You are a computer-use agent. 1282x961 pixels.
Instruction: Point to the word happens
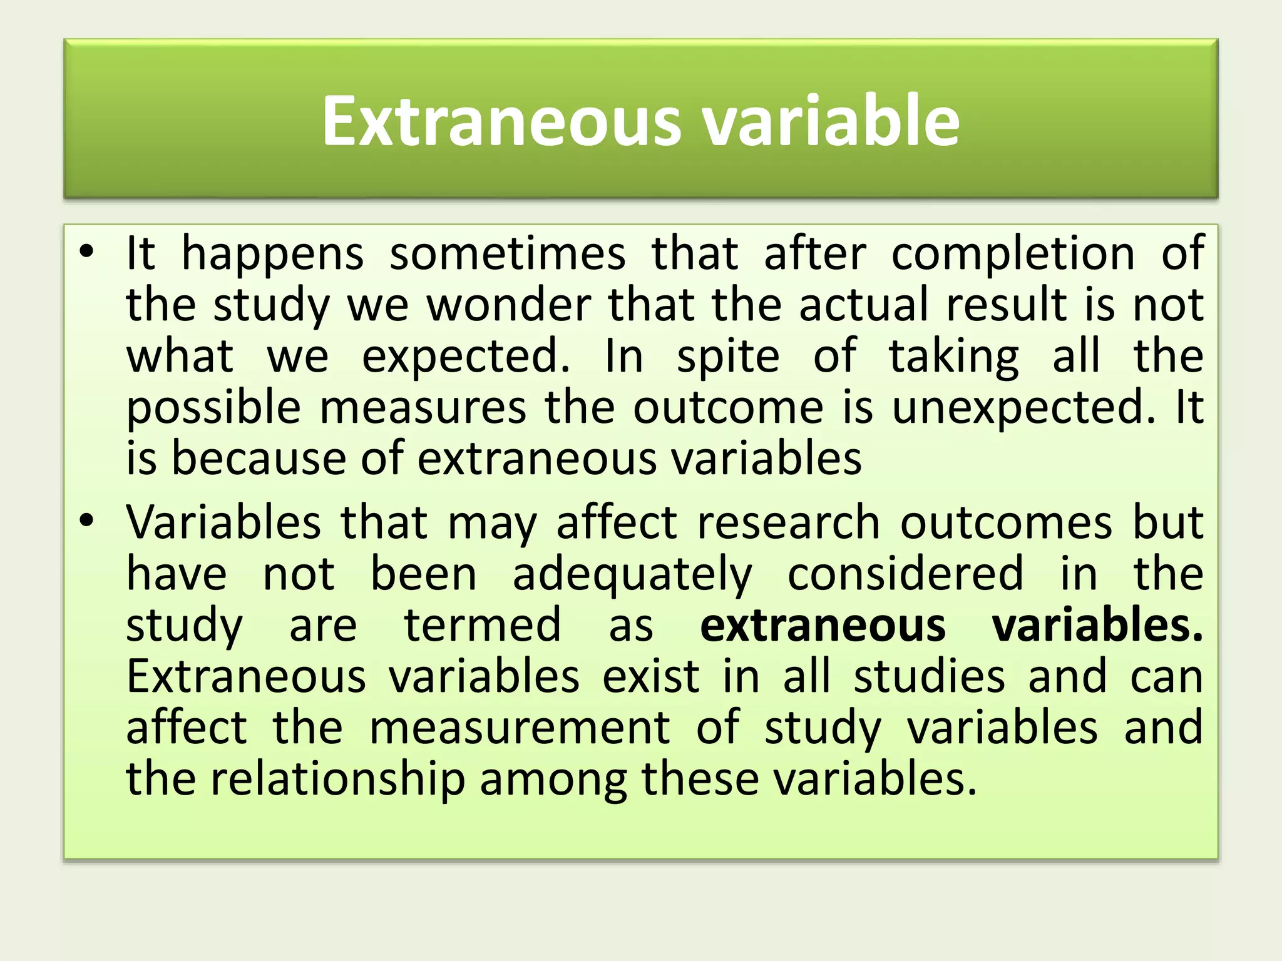272,255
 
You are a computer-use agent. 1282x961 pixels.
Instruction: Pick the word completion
1013,255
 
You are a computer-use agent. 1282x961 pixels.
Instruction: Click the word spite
728,357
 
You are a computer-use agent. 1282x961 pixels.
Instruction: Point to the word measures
423,407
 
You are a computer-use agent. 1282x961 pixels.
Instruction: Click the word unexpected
1023,409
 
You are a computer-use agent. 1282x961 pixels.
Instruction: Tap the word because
257,458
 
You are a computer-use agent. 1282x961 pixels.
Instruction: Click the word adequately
632,574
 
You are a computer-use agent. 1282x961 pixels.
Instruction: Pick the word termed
483,624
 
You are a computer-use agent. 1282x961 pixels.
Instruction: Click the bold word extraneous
823,624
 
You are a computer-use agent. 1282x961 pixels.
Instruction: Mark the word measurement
520,727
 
